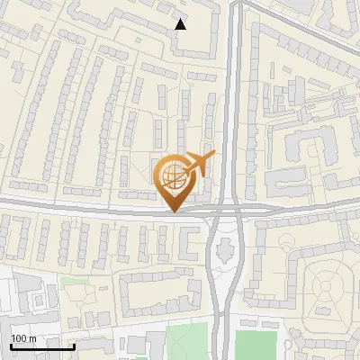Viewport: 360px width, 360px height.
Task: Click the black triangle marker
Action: [x=181, y=24]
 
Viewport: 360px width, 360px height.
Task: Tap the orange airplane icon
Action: [x=199, y=165]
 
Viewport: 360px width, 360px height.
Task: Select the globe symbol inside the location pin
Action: [x=171, y=175]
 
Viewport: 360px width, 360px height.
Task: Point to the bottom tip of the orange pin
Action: [x=174, y=211]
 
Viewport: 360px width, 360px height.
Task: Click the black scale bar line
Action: [x=41, y=346]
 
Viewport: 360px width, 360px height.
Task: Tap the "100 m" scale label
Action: [x=23, y=338]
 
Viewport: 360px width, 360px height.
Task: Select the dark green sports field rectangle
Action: [x=255, y=345]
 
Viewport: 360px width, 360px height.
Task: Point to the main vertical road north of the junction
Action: [x=233, y=108]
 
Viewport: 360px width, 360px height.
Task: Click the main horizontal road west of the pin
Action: [x=72, y=209]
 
